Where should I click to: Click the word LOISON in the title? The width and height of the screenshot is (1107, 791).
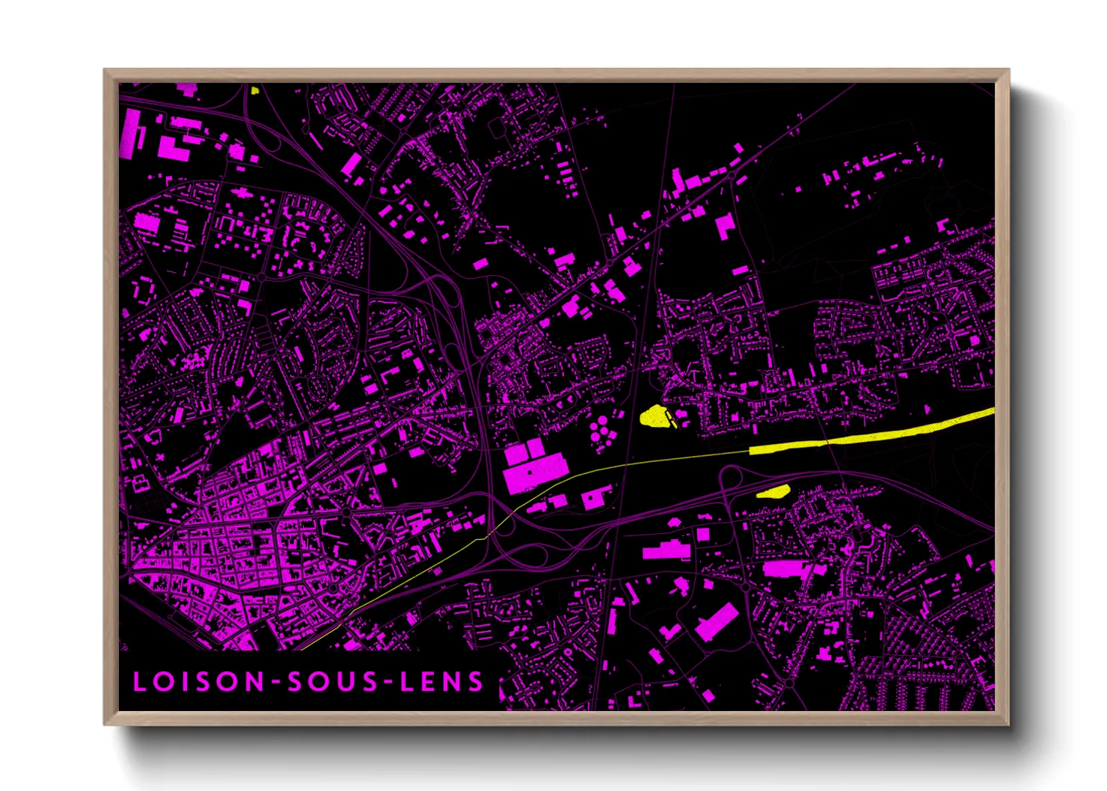tap(199, 682)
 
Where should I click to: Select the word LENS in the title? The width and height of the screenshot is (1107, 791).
tap(441, 682)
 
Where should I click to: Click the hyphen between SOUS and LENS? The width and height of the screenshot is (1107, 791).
tap(387, 683)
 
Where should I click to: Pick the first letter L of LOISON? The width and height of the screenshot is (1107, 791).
tap(140, 682)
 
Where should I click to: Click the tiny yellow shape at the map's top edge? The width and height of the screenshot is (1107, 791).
tap(255, 90)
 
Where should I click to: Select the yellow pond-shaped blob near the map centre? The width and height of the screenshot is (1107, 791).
tap(654, 416)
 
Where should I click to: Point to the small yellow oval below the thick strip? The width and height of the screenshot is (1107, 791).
tap(773, 491)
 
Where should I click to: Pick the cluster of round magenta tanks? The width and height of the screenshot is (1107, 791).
tap(599, 431)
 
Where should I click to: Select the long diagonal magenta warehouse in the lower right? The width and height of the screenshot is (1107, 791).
tap(717, 622)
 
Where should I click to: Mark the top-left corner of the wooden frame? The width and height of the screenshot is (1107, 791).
tap(105, 70)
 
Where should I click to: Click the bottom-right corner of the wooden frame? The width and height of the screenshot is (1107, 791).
tap(1008, 724)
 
